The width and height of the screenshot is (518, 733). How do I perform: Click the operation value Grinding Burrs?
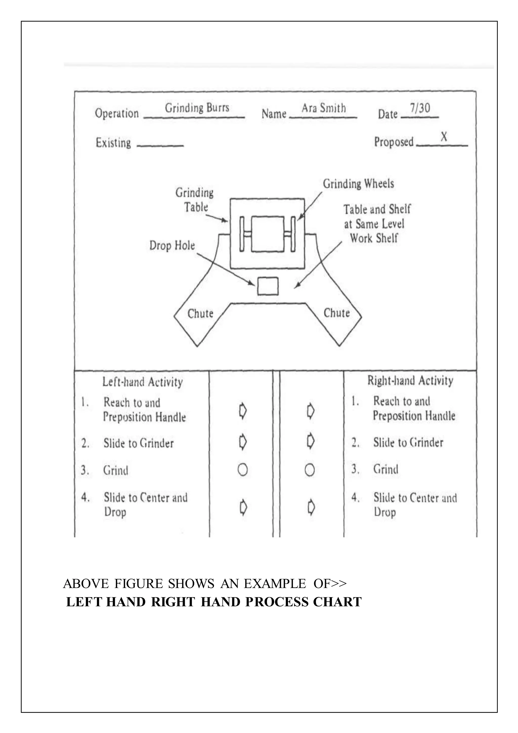click(197, 108)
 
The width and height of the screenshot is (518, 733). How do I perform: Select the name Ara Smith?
click(323, 108)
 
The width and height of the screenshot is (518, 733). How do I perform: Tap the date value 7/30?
click(420, 108)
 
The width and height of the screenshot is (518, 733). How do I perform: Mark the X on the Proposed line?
click(444, 137)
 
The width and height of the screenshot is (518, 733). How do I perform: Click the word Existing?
click(113, 143)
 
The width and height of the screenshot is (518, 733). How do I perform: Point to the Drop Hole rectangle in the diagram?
click(268, 286)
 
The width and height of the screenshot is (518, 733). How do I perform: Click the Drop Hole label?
click(172, 246)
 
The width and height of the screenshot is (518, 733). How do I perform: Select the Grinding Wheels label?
click(358, 184)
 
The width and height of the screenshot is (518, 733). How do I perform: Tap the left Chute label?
click(200, 314)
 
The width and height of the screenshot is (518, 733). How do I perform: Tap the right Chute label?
click(336, 313)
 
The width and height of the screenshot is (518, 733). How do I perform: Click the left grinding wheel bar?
click(242, 234)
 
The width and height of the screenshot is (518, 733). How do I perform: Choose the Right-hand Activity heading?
click(410, 380)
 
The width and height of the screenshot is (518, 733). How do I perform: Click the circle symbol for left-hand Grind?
click(243, 470)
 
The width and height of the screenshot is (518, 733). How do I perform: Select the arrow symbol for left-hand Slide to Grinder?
click(243, 442)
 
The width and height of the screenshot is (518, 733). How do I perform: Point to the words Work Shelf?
click(374, 238)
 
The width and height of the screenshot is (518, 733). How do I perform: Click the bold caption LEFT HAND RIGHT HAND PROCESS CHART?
click(214, 602)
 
